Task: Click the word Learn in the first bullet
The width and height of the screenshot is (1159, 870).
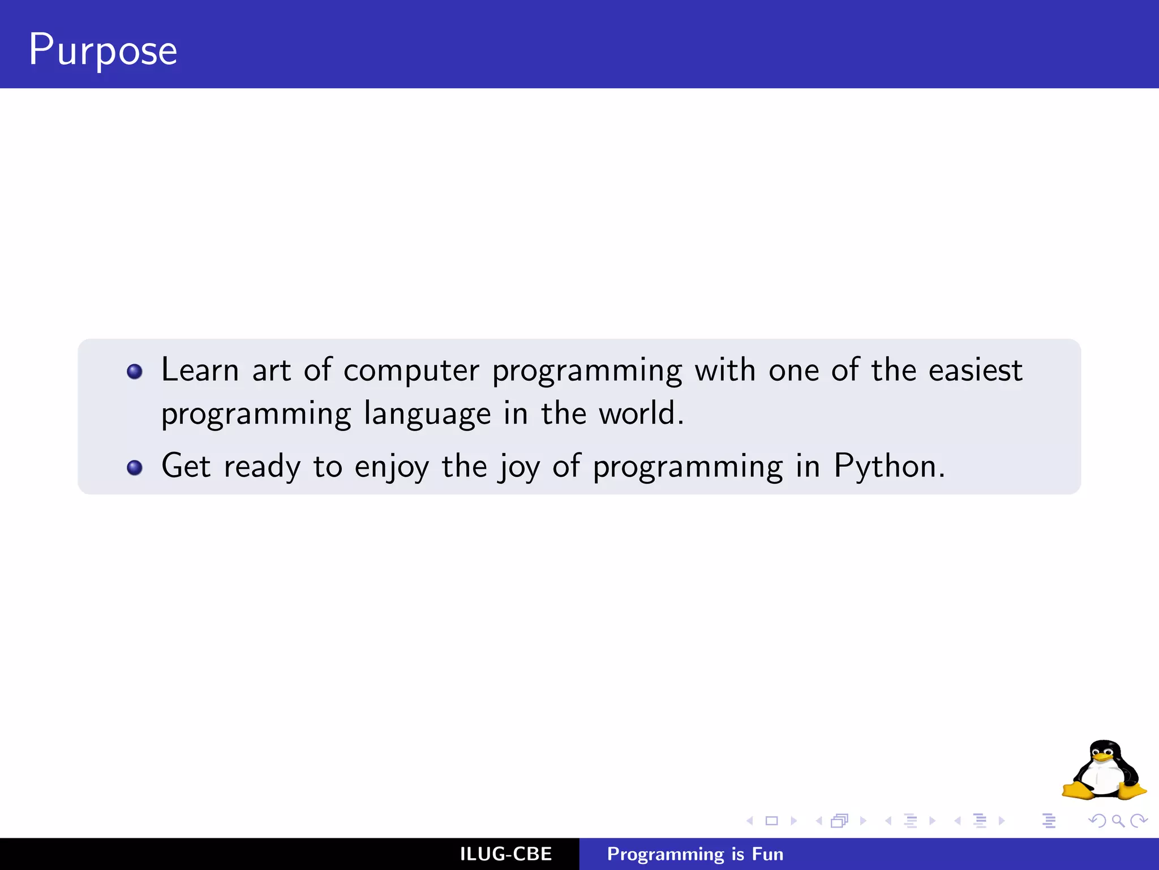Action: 200,370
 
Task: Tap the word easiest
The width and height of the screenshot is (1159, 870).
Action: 976,370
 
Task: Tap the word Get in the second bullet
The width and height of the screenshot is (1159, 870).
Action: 186,466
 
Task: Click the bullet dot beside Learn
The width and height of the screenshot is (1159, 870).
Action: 135,372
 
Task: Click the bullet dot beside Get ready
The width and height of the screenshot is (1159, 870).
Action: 135,468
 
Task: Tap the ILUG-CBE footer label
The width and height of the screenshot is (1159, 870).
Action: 506,854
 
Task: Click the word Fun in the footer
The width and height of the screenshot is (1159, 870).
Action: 767,854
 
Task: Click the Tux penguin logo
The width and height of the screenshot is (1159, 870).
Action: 1104,770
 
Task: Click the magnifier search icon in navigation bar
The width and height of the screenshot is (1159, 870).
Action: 1118,821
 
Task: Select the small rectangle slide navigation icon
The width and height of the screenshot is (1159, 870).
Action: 771,821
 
